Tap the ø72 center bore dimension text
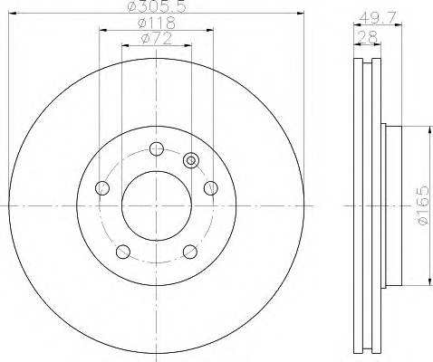[x=156, y=38]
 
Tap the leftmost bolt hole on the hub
[x=101, y=188]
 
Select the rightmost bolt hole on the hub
[x=211, y=188]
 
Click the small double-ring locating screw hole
[x=190, y=160]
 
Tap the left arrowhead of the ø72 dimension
[x=125, y=46]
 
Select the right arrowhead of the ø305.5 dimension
[x=300, y=14]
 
